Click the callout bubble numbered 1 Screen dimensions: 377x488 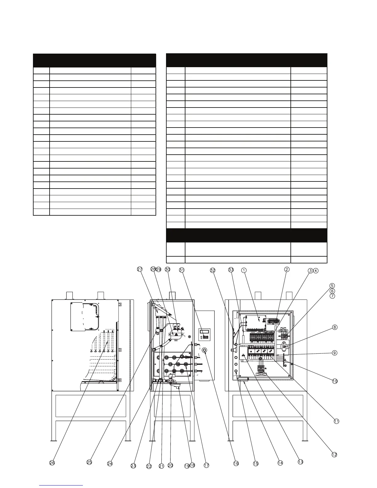pyautogui.click(x=244, y=270)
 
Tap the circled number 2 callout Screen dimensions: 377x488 pyautogui.click(x=287, y=269)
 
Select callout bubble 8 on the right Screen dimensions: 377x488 pyautogui.click(x=335, y=327)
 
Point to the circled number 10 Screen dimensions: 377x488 pyautogui.click(x=335, y=381)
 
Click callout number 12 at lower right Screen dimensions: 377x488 pyautogui.click(x=334, y=454)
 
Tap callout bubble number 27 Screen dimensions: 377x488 pyautogui.click(x=140, y=269)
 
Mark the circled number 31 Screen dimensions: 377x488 pyautogui.click(x=182, y=270)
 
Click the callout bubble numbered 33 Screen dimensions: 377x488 pyautogui.click(x=231, y=270)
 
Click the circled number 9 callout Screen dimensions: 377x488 pyautogui.click(x=335, y=353)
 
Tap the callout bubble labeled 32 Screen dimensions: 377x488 pyautogui.click(x=213, y=270)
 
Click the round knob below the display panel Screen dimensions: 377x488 pyautogui.click(x=204, y=351)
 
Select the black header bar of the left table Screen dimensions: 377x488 pyautogui.click(x=94, y=60)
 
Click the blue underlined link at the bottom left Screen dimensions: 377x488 pyautogui.click(x=62, y=485)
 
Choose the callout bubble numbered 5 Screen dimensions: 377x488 pyautogui.click(x=332, y=286)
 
